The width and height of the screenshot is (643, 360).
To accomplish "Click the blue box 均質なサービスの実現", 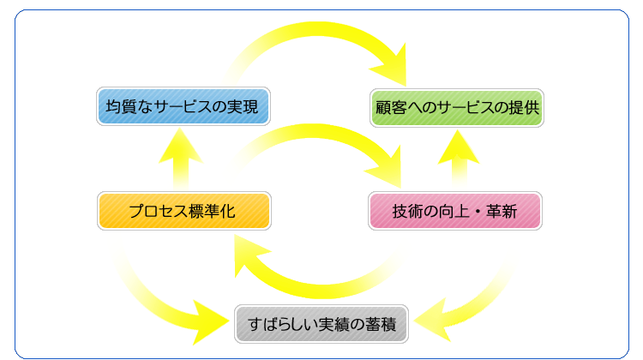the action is pyautogui.click(x=183, y=106).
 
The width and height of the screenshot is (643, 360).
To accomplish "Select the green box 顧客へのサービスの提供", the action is pyautogui.click(x=457, y=108).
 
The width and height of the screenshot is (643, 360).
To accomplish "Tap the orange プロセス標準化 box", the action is pyautogui.click(x=184, y=211).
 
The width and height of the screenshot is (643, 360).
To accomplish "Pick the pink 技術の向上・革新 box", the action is pyautogui.click(x=455, y=211).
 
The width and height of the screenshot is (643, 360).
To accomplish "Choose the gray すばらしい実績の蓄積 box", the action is pyautogui.click(x=321, y=324).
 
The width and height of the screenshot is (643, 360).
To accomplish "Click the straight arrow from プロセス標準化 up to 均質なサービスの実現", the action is pyautogui.click(x=181, y=159).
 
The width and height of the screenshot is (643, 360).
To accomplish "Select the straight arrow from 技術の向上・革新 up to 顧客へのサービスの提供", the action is pyautogui.click(x=459, y=160).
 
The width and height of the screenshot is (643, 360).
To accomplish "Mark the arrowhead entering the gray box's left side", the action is pyautogui.click(x=209, y=322).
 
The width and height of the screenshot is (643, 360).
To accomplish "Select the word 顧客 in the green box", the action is pyautogui.click(x=391, y=108).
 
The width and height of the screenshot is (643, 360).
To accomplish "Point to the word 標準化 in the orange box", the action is pyautogui.click(x=213, y=211).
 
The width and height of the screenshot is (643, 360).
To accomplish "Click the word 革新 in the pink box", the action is pyautogui.click(x=502, y=211).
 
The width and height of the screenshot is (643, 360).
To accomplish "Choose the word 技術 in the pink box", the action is pyautogui.click(x=407, y=211).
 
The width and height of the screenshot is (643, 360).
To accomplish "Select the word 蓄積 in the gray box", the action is pyautogui.click(x=381, y=324).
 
